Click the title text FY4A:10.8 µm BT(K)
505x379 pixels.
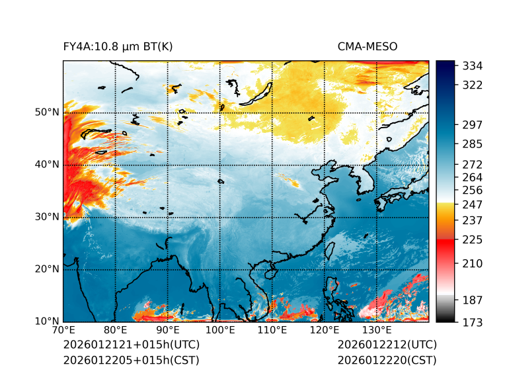[x=118, y=46]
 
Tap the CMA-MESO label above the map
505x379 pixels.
[x=367, y=46]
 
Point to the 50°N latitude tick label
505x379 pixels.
[x=46, y=112]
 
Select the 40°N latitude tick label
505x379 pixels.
[x=46, y=165]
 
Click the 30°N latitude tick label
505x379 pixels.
[x=46, y=217]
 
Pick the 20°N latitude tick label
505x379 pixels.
[x=46, y=269]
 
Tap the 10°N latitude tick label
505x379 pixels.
[x=46, y=322]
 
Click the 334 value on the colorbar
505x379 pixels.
[x=473, y=66]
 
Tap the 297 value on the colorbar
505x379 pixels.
[x=473, y=125]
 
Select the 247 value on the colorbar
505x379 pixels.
[x=473, y=204]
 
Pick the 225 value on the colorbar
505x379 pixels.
[x=473, y=239]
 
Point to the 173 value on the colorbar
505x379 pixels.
[x=473, y=322]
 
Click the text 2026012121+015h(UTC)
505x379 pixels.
[x=131, y=345]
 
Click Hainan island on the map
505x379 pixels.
[x=269, y=272]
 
